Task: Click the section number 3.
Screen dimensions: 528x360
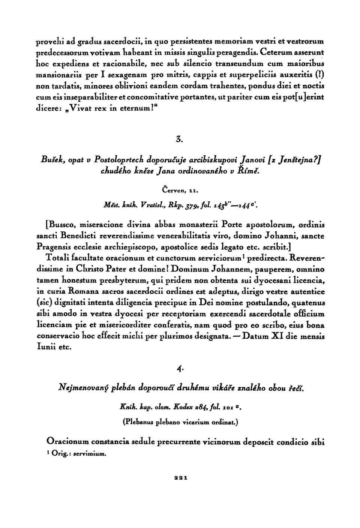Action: [179, 140]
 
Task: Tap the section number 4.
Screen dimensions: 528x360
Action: [180, 369]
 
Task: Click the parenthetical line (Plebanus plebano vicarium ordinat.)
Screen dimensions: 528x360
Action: [180, 421]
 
